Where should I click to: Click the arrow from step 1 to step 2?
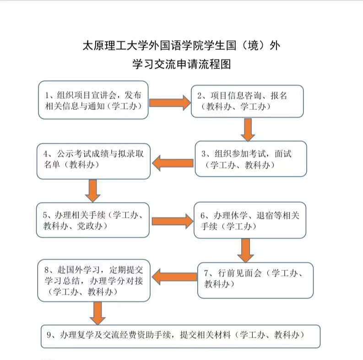(x=170, y=103)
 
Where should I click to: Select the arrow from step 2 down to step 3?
(x=248, y=129)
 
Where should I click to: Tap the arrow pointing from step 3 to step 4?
(x=173, y=163)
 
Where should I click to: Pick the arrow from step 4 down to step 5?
(x=92, y=191)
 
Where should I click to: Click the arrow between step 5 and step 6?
(x=173, y=221)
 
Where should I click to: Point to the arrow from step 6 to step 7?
(x=246, y=251)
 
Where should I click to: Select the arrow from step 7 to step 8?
(x=174, y=277)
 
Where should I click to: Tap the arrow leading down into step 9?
(x=98, y=313)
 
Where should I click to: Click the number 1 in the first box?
(x=47, y=96)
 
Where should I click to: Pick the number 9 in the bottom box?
(x=49, y=335)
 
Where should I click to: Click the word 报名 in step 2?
(x=279, y=96)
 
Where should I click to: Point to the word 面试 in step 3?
(x=283, y=154)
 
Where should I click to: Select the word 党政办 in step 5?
(x=90, y=226)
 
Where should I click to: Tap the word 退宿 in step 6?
(x=265, y=215)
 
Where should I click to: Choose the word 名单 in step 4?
(x=52, y=165)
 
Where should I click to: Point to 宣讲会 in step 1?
(x=103, y=95)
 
